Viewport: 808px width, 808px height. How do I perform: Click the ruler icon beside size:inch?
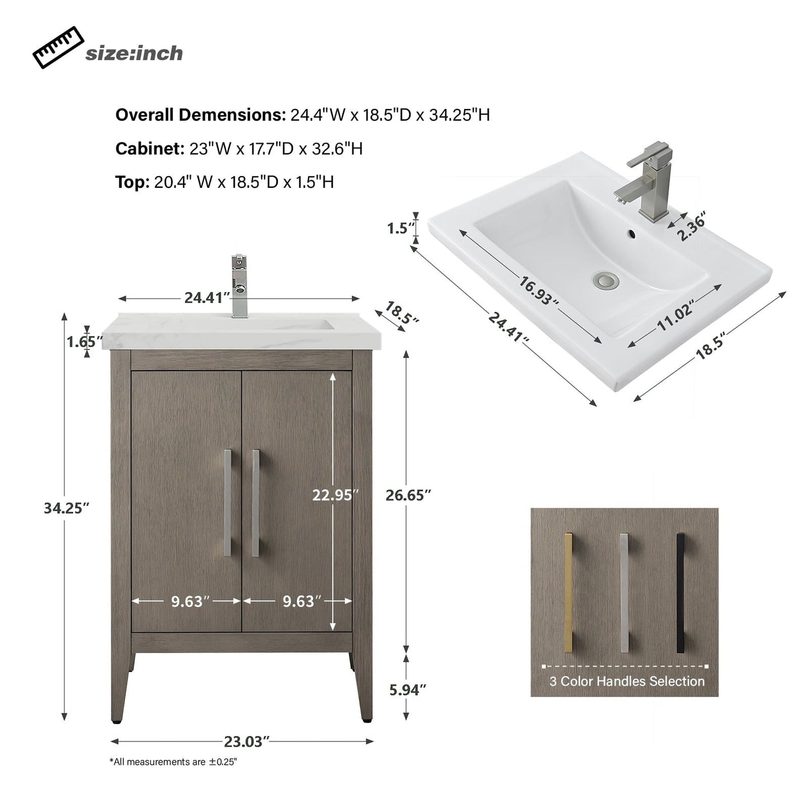click(x=58, y=49)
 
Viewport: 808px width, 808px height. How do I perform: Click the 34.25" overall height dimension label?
click(x=67, y=508)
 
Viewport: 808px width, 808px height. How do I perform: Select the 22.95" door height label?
click(x=335, y=495)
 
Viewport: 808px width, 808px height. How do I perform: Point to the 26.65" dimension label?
click(x=408, y=495)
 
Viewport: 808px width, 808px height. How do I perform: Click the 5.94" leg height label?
click(x=408, y=689)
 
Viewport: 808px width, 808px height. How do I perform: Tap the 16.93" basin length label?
click(x=538, y=290)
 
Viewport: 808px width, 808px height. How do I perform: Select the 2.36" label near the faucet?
click(x=692, y=226)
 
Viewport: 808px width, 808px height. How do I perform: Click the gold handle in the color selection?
click(x=569, y=593)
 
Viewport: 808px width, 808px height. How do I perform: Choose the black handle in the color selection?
click(x=680, y=593)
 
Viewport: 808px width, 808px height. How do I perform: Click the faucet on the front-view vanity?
click(x=239, y=286)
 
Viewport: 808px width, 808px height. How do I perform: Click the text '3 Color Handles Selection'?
click(x=627, y=681)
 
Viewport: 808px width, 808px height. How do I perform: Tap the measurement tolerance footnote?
click(x=173, y=762)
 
